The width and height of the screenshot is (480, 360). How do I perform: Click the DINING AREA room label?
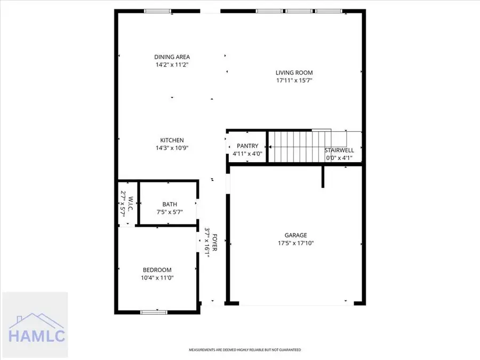pyautogui.click(x=172, y=57)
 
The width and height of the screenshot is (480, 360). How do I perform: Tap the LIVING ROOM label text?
pyautogui.click(x=294, y=73)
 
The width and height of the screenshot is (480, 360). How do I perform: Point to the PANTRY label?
pyautogui.click(x=247, y=146)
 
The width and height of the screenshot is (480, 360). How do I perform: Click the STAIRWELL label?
pyautogui.click(x=340, y=150)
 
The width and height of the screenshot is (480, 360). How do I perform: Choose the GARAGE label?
pyautogui.click(x=295, y=235)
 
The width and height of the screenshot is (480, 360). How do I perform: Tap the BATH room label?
pyautogui.click(x=170, y=204)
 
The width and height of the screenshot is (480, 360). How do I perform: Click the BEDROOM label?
pyautogui.click(x=157, y=270)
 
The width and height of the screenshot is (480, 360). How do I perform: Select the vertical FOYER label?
pyautogui.click(x=215, y=243)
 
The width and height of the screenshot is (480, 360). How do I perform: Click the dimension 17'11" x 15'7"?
pyautogui.click(x=294, y=81)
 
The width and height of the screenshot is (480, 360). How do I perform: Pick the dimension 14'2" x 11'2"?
pyautogui.click(x=172, y=65)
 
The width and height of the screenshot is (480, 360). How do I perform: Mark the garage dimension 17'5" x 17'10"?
pyautogui.click(x=295, y=243)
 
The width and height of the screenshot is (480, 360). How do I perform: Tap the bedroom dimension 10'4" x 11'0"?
pyautogui.click(x=157, y=278)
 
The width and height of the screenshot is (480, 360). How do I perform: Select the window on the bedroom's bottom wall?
pyautogui.click(x=154, y=312)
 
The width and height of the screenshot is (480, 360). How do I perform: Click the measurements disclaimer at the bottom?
pyautogui.click(x=245, y=350)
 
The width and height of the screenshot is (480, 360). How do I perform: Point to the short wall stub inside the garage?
pyautogui.click(x=323, y=177)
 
